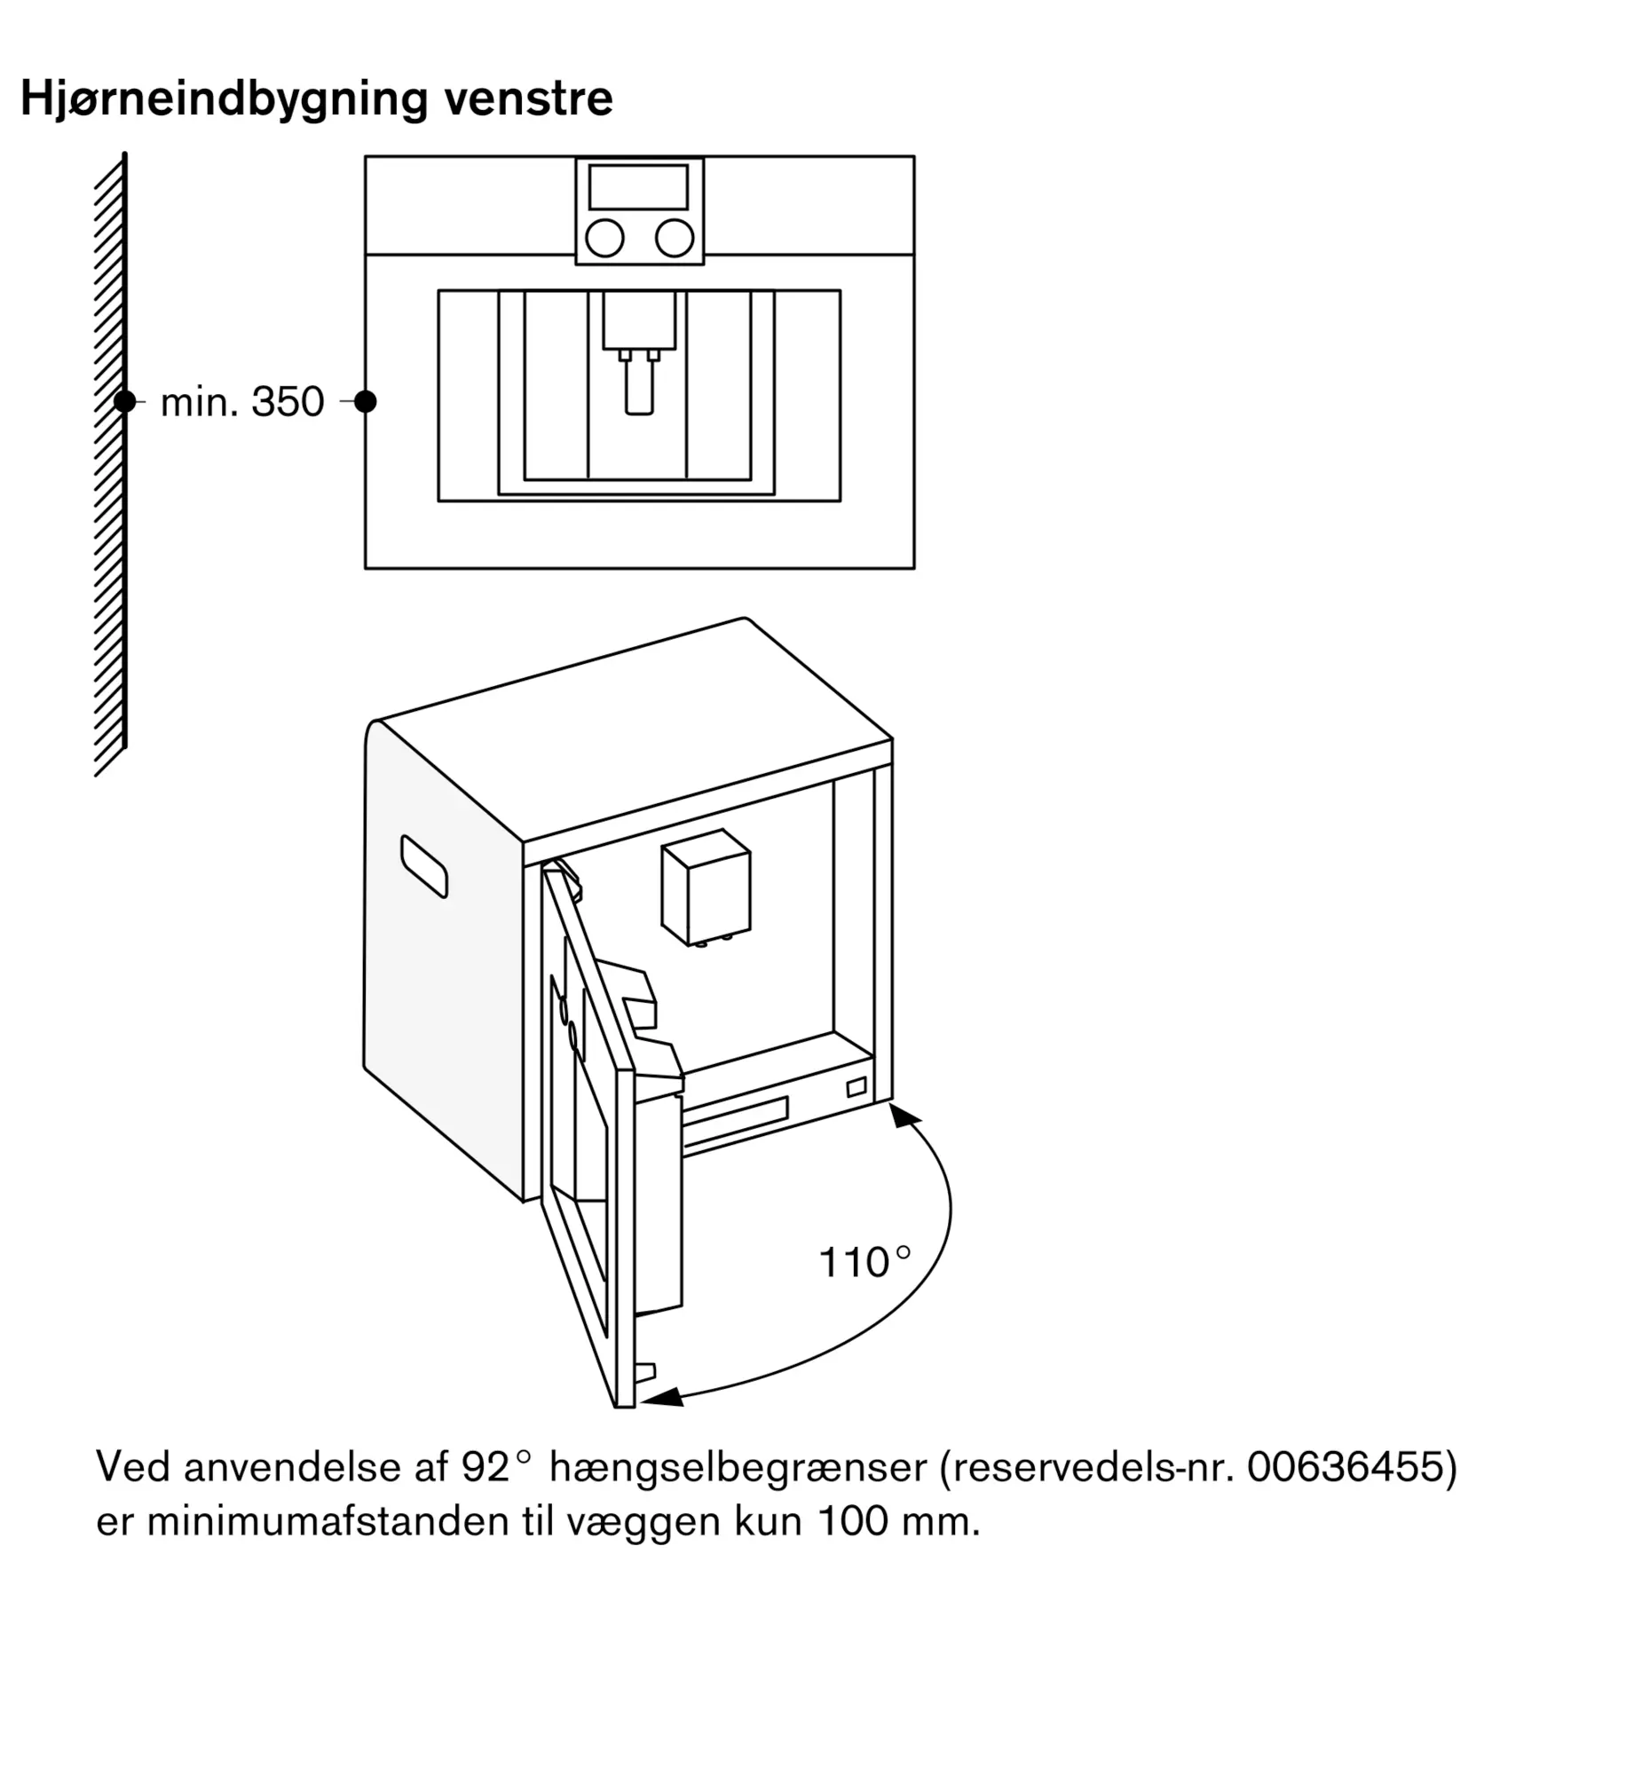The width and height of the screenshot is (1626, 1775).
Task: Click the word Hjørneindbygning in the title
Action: [x=225, y=99]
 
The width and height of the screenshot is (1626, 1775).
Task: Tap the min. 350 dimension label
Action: [x=242, y=402]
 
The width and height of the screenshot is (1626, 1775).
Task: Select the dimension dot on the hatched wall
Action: [x=124, y=402]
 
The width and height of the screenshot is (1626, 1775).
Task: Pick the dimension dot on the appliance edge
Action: [x=365, y=402]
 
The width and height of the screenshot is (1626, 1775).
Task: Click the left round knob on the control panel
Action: [x=604, y=238]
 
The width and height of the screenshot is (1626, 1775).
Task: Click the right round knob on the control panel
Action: [x=675, y=238]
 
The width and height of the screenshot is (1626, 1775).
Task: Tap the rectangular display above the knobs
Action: [x=638, y=187]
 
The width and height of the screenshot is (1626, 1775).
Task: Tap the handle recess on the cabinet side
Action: [x=424, y=866]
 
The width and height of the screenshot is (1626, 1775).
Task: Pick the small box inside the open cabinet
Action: [x=706, y=887]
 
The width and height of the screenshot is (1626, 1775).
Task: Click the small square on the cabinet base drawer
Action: [x=856, y=1087]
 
